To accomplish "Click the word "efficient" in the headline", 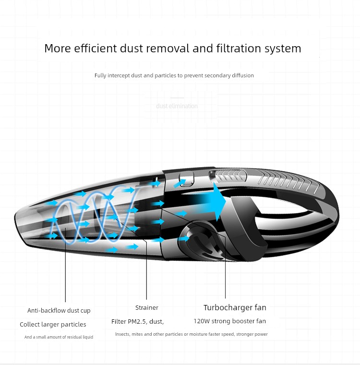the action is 96,48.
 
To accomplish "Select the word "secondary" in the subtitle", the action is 217,75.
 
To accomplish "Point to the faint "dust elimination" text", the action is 177,106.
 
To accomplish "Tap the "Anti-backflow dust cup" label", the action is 59,311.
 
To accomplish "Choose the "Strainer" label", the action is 147,307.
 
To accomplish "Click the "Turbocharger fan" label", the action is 235,307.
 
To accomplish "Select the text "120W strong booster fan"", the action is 230,321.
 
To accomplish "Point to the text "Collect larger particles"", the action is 53,324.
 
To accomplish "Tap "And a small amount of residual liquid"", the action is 59,337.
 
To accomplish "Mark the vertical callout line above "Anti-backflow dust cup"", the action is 65,265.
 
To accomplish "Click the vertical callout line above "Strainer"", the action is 146,269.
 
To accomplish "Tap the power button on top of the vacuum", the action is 186,179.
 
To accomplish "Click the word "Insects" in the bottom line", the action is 122,334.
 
